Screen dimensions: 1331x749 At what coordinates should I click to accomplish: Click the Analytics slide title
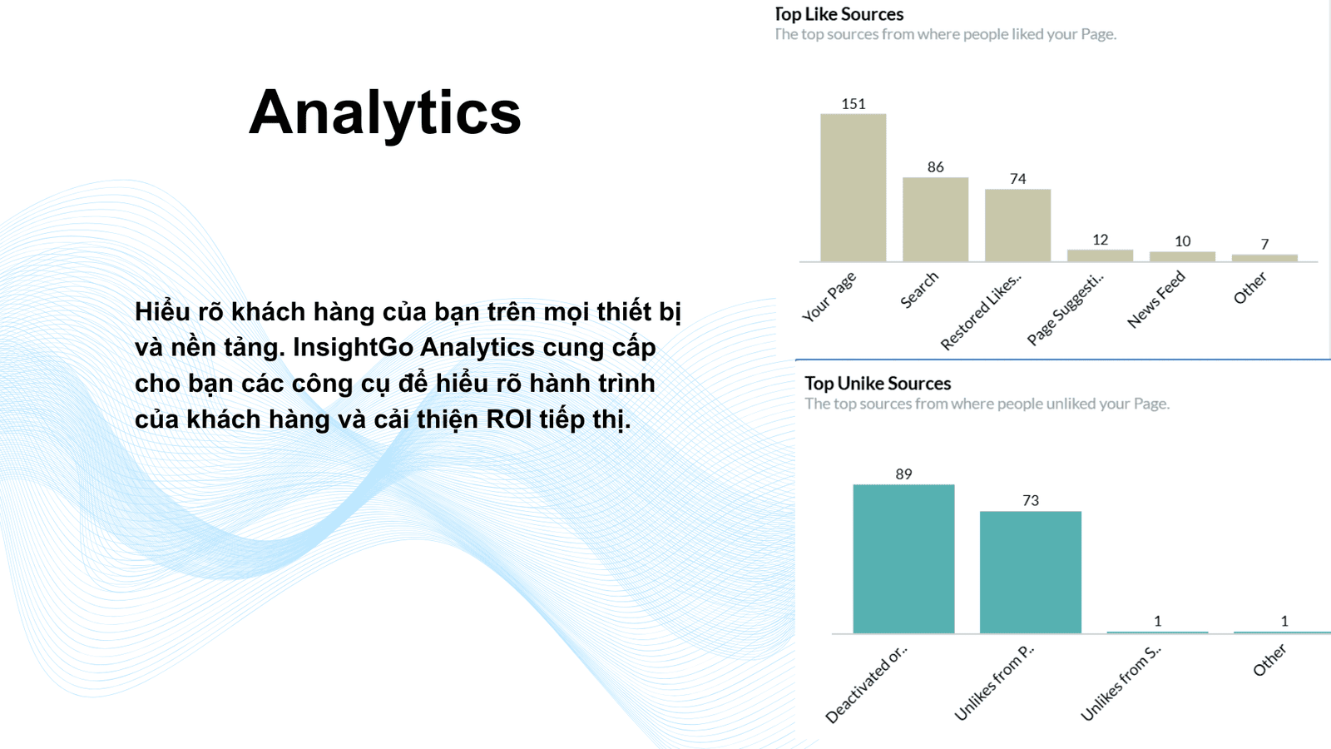tap(384, 113)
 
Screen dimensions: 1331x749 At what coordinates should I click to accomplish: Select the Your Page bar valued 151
tap(854, 187)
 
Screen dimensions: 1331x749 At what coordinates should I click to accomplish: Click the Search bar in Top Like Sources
tap(935, 220)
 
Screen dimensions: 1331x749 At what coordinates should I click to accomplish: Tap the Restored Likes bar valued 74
tap(1018, 226)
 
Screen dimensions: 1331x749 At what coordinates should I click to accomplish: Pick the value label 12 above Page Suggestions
tap(1101, 240)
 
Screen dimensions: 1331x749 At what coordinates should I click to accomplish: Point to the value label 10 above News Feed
tap(1182, 241)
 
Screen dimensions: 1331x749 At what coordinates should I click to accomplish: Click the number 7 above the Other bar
tap(1265, 245)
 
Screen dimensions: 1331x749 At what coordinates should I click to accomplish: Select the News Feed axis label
tap(1156, 299)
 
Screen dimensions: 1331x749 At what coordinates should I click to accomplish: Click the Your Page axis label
tap(829, 296)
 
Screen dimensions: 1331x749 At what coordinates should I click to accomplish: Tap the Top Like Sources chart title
tap(839, 14)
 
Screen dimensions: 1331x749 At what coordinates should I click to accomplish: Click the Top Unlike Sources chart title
tap(878, 384)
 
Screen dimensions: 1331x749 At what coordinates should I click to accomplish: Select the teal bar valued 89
tap(903, 558)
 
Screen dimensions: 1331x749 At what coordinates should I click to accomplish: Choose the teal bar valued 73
tap(1031, 573)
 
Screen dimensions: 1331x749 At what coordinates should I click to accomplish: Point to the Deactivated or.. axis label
tap(867, 683)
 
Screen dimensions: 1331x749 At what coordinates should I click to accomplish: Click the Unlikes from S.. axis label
tap(1121, 683)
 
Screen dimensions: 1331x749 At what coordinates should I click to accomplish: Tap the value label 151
tap(854, 104)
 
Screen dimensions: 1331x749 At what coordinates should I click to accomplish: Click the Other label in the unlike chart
tap(1269, 661)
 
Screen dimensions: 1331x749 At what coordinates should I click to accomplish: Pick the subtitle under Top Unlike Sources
tap(987, 404)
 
